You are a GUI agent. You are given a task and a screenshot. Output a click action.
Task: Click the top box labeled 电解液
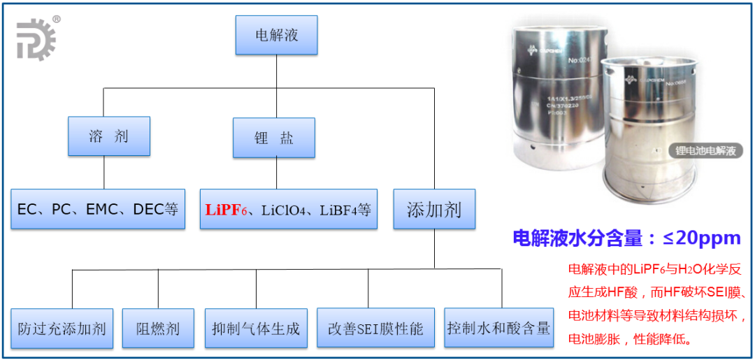(x=277, y=35)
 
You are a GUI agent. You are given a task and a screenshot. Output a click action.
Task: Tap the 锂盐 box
(x=274, y=137)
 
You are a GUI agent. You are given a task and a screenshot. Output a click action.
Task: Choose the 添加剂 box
(x=434, y=209)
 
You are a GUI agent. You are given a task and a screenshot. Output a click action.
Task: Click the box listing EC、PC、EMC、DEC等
(x=98, y=209)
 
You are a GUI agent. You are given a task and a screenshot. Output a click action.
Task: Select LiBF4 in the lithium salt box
(x=338, y=209)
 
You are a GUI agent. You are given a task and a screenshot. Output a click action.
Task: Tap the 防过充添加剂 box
(x=62, y=328)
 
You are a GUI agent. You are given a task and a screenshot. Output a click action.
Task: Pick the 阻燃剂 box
(x=158, y=328)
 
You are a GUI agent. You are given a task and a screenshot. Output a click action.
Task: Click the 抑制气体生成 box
(x=256, y=328)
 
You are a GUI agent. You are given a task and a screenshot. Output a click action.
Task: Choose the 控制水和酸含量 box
(x=499, y=327)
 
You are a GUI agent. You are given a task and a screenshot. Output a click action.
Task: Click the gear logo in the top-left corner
(x=36, y=39)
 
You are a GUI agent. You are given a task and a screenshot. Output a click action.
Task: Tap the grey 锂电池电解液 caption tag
(x=705, y=150)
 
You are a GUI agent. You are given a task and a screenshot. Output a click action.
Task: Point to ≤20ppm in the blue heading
(x=701, y=238)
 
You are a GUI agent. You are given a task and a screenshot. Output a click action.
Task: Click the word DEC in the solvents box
(x=148, y=209)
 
